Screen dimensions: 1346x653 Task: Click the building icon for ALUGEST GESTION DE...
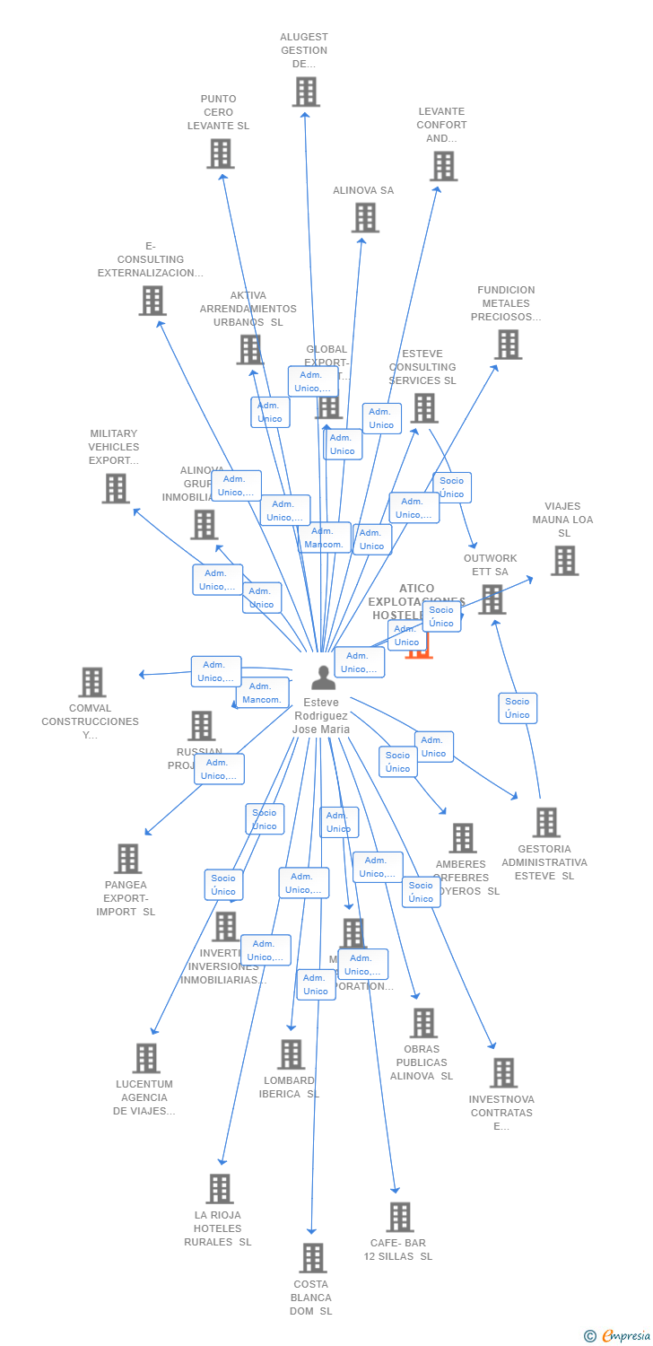click(x=306, y=92)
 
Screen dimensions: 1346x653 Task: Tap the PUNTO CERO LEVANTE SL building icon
click(x=220, y=153)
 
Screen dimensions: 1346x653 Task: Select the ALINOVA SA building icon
click(x=365, y=217)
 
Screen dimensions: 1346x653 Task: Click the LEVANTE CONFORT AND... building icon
click(x=443, y=166)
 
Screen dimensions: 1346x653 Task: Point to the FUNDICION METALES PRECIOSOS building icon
click(x=508, y=344)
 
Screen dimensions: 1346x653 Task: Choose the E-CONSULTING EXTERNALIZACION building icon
click(x=152, y=301)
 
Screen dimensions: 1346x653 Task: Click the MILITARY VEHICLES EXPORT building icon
click(x=116, y=488)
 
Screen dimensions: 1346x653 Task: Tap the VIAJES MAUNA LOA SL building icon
click(x=564, y=560)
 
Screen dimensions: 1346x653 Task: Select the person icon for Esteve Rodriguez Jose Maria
click(x=323, y=677)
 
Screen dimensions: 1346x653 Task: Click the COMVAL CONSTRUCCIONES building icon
click(x=91, y=682)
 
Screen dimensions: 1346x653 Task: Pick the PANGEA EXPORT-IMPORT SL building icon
click(x=128, y=859)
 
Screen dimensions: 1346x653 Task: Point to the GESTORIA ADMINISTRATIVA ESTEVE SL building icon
click(x=545, y=822)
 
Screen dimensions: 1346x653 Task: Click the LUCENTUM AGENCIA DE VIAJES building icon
click(x=146, y=1058)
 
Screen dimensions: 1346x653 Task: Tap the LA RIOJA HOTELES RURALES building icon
click(x=219, y=1189)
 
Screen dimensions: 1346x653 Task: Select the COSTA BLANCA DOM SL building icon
click(x=312, y=1258)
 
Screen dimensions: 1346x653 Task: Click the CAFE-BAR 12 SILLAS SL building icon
click(x=399, y=1217)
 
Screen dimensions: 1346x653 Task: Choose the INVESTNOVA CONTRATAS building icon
click(x=503, y=1072)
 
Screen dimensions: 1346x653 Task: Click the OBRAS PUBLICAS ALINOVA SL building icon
click(x=422, y=1023)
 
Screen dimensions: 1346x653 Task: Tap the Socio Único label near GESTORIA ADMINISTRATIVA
click(x=518, y=708)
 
